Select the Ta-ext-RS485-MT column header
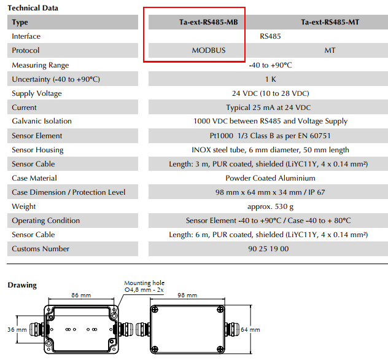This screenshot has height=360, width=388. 330,22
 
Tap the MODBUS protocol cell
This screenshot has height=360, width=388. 209,50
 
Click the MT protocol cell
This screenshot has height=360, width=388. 330,50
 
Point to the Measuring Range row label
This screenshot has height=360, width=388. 41,65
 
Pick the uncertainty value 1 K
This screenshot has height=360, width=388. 270,79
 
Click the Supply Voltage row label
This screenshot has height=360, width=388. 37,93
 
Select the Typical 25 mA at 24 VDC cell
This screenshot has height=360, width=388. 270,108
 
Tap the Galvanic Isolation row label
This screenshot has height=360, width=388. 42,122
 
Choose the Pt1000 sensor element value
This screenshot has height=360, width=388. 270,136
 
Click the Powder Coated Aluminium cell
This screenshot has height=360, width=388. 270,178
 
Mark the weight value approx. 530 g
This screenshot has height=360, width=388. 270,206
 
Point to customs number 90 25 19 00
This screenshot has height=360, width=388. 270,249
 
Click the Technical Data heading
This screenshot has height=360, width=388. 33,8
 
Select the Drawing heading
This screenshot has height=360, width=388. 22,285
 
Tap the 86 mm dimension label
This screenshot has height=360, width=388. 79,295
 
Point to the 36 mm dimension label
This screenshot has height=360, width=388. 17,330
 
